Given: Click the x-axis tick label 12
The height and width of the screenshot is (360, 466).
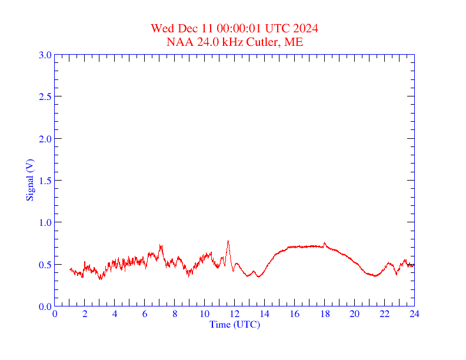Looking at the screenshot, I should click(235, 314).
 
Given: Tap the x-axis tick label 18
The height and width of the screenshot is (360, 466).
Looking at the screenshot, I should click(324, 314).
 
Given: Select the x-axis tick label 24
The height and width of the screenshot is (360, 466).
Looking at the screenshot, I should click(414, 314).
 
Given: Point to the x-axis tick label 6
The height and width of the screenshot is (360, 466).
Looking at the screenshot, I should click(145, 314).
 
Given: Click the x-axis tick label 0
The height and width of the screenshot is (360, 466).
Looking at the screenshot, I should click(55, 314).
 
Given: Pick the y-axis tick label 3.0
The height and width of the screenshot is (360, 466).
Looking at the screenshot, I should click(45, 55).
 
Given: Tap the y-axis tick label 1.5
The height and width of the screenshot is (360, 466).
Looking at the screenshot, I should click(45, 181).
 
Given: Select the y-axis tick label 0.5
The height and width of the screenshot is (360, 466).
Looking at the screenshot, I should click(45, 265).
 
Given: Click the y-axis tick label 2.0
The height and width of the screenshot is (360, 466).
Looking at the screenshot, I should click(45, 139).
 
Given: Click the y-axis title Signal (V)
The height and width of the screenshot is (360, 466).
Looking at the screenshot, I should click(29, 179).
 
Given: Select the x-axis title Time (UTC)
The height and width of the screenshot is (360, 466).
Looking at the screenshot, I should click(234, 324).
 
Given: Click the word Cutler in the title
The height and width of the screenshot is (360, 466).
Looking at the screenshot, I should click(266, 42).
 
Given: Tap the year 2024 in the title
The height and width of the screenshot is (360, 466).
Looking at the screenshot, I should click(307, 29).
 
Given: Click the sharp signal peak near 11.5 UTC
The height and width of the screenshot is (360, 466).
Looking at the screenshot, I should click(228, 241).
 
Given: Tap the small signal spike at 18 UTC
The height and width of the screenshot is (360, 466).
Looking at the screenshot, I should click(324, 242).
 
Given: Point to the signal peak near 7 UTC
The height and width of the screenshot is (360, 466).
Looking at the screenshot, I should click(160, 246).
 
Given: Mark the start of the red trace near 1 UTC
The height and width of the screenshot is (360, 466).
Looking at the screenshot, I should click(70, 269).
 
